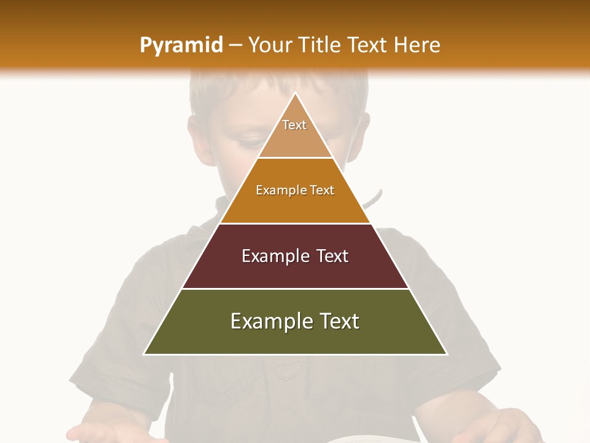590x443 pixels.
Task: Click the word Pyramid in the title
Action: click(x=181, y=45)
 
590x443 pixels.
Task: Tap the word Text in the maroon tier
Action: click(x=332, y=256)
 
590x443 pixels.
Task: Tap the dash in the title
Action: click(x=235, y=45)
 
